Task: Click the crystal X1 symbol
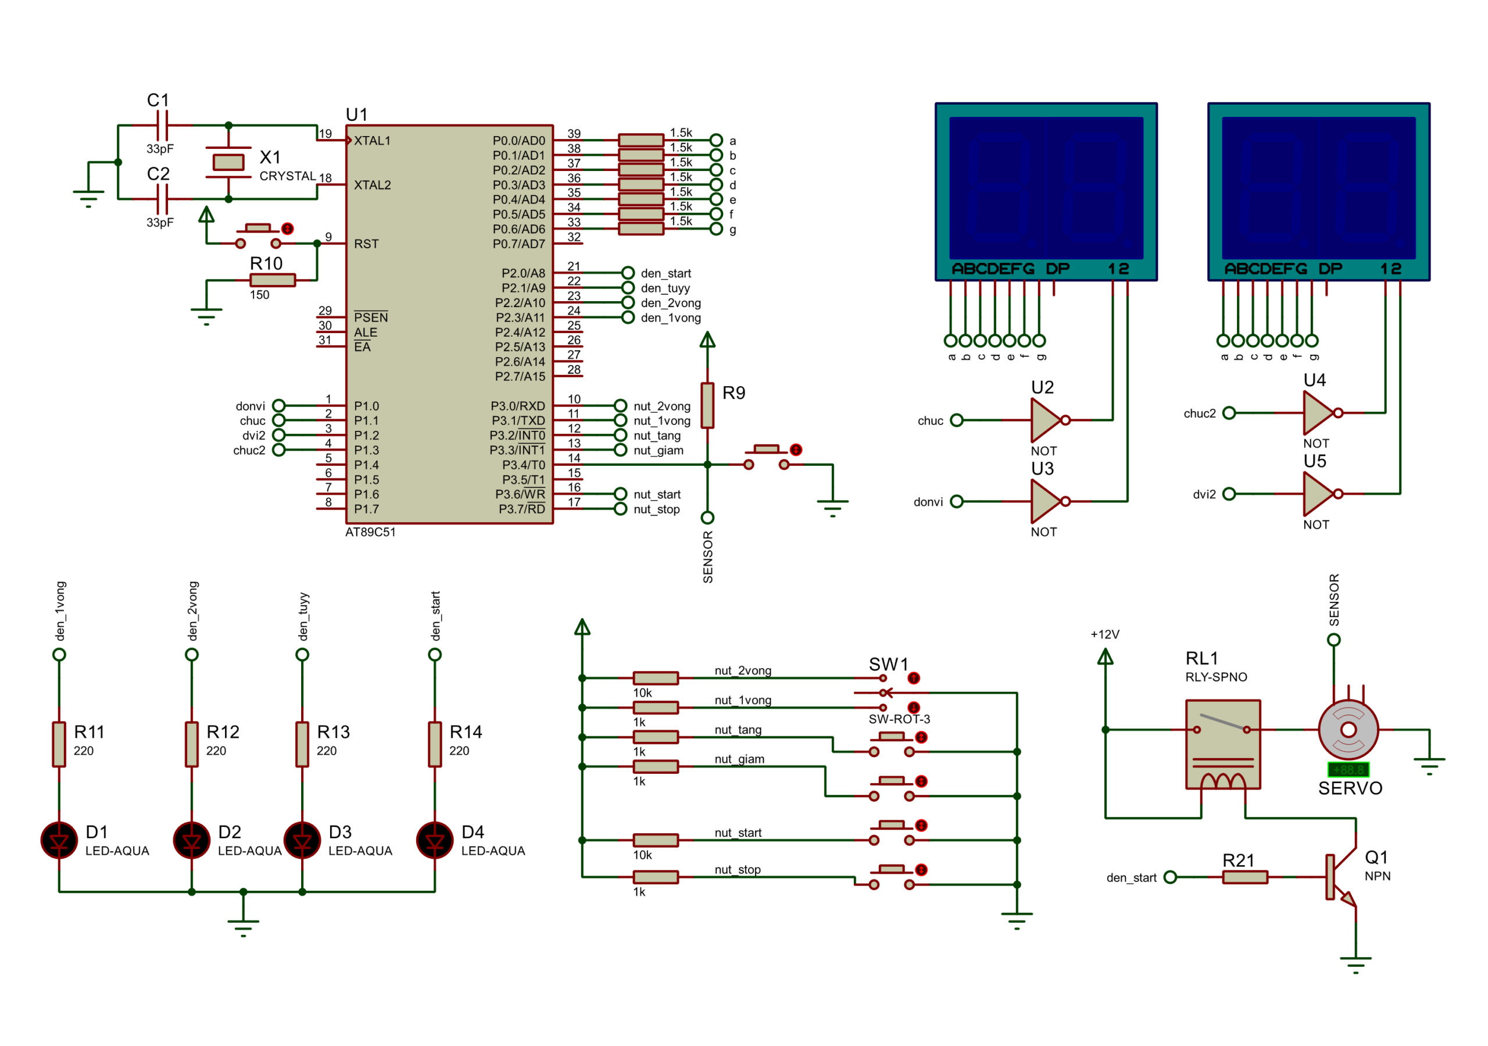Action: point(228,162)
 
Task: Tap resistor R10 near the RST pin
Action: point(273,280)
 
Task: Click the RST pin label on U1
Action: point(366,244)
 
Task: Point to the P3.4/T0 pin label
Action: point(524,465)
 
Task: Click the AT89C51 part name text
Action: point(370,533)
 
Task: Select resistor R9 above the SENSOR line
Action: point(708,405)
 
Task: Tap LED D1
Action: point(59,840)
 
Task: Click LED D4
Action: point(435,840)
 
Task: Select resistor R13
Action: point(302,744)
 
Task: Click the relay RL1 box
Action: point(1223,744)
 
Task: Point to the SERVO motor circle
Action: point(1348,730)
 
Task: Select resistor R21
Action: point(1245,877)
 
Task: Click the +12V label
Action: point(1105,634)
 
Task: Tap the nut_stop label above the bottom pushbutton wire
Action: point(738,870)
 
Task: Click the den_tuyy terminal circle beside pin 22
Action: point(628,287)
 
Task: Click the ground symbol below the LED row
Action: point(243,926)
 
